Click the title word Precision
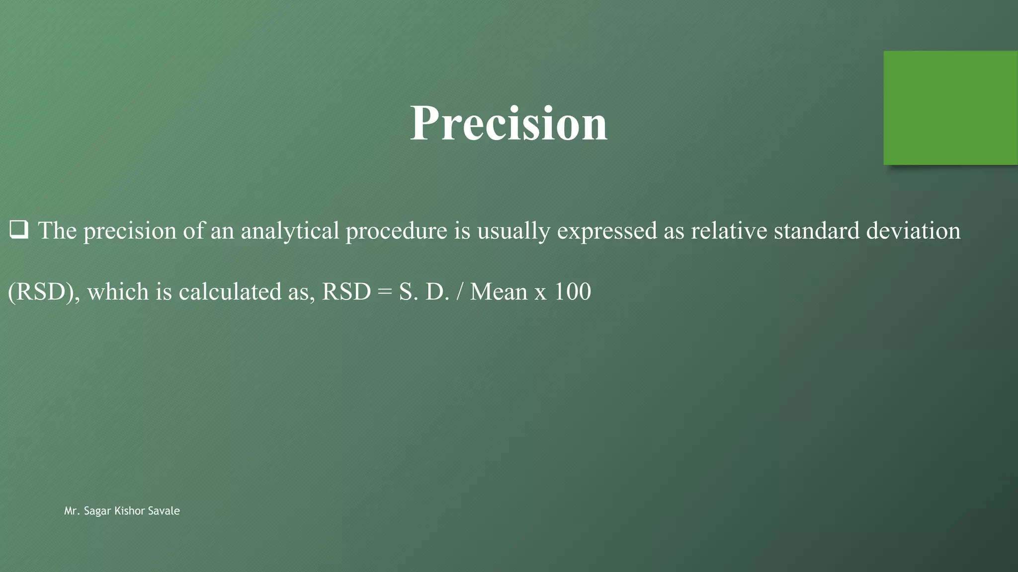pyautogui.click(x=509, y=124)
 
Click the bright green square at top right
pyautogui.click(x=950, y=108)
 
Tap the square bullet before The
pyautogui.click(x=19, y=230)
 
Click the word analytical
pyautogui.click(x=290, y=231)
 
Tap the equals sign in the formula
pyautogui.click(x=385, y=292)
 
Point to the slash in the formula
pyautogui.click(x=460, y=292)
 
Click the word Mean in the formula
pyautogui.click(x=499, y=292)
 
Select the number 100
pyautogui.click(x=572, y=292)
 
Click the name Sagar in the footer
pyautogui.click(x=98, y=511)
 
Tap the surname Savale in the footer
pyautogui.click(x=164, y=511)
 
